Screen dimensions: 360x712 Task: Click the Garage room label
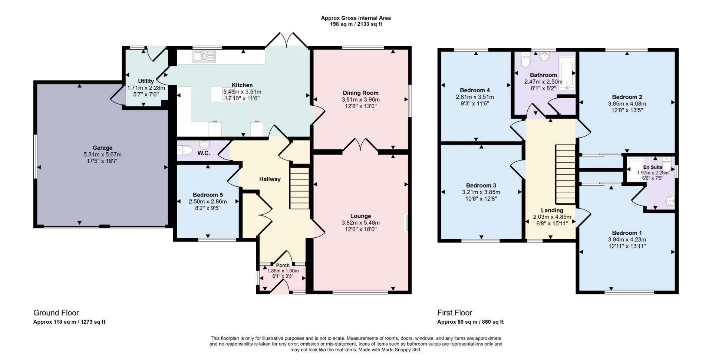(x=102, y=148)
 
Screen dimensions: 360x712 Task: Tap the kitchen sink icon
(x=204, y=56)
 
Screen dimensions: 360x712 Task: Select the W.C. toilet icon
(x=185, y=150)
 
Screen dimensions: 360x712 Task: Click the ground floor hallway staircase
(x=299, y=188)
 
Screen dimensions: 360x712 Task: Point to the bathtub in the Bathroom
(x=567, y=73)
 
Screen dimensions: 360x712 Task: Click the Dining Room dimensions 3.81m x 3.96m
(x=360, y=100)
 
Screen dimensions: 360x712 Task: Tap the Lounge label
(x=360, y=216)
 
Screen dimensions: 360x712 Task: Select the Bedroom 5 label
(x=208, y=195)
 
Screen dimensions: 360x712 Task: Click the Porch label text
(x=283, y=265)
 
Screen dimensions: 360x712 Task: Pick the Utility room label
(x=146, y=81)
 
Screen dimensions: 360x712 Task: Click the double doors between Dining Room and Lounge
(x=360, y=145)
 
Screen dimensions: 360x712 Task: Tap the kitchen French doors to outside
(x=287, y=40)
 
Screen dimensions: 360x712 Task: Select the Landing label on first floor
(x=552, y=210)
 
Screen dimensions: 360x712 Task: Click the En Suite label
(x=653, y=167)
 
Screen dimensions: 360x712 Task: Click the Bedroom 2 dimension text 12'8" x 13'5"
(x=627, y=110)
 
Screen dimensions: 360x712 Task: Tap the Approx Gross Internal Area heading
(x=356, y=18)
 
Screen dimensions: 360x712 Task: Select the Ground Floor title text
(x=56, y=313)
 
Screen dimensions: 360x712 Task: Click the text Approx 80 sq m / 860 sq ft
(x=470, y=322)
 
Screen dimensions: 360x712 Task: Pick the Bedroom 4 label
(x=475, y=90)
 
